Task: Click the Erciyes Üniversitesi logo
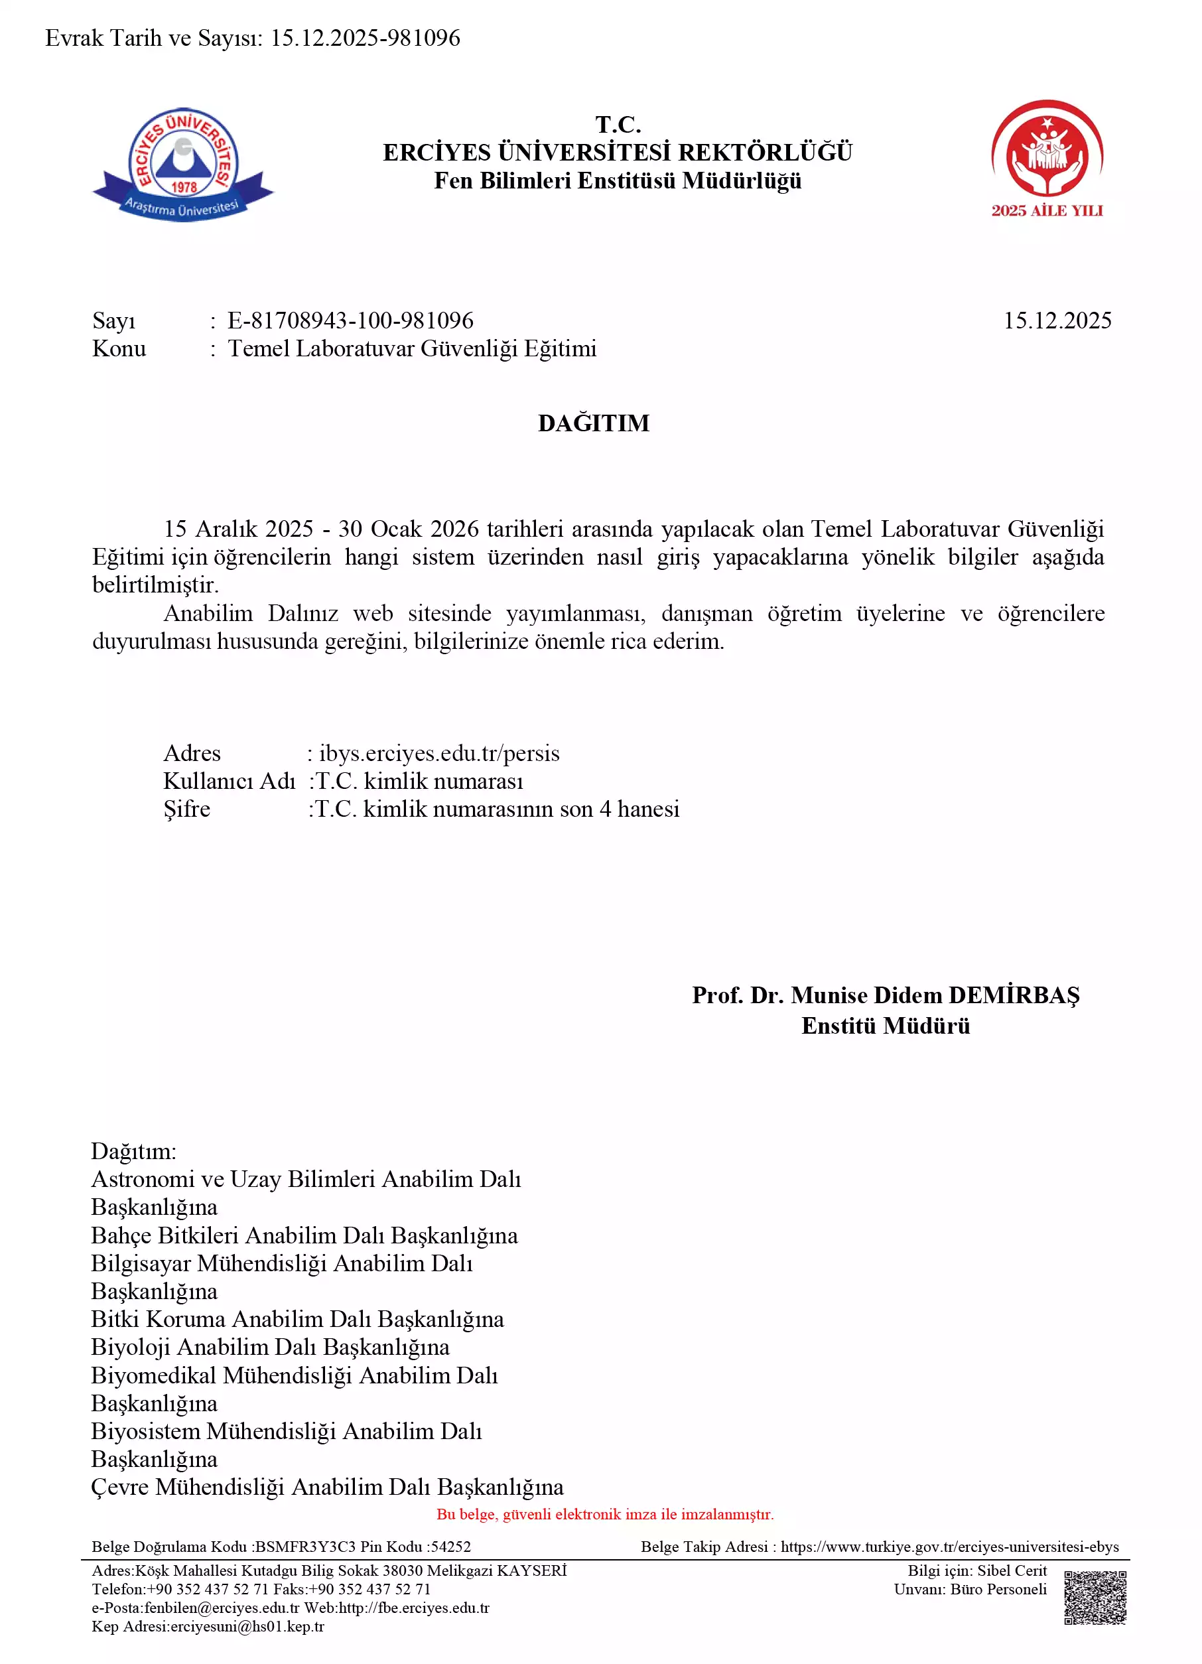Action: [182, 165]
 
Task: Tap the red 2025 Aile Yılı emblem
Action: [1047, 158]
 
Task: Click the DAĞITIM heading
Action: [593, 423]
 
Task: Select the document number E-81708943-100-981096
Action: [350, 320]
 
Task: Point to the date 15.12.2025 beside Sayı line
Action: [1057, 320]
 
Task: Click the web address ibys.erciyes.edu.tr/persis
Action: [439, 754]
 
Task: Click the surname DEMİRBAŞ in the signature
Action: [1014, 996]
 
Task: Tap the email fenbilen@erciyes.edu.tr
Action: [222, 1608]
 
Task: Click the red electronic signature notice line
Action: [604, 1513]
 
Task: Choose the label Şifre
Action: [186, 809]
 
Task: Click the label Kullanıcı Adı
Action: [229, 782]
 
